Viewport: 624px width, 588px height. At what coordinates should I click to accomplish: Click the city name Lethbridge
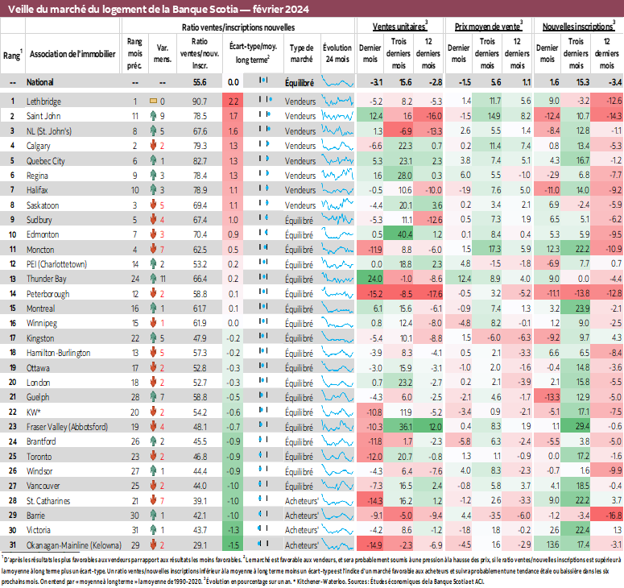[45, 101]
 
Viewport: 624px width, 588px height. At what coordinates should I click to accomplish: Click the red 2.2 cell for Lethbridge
[233, 101]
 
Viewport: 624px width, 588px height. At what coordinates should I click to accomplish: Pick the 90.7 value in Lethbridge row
[200, 101]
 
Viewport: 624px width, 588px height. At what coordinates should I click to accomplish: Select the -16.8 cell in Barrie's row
[613, 515]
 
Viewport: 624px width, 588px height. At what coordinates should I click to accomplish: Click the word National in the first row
[41, 82]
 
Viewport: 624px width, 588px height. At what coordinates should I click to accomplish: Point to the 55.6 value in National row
[200, 82]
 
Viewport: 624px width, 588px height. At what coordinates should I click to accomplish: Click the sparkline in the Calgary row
[337, 145]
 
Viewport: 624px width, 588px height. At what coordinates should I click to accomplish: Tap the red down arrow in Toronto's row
[151, 456]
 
